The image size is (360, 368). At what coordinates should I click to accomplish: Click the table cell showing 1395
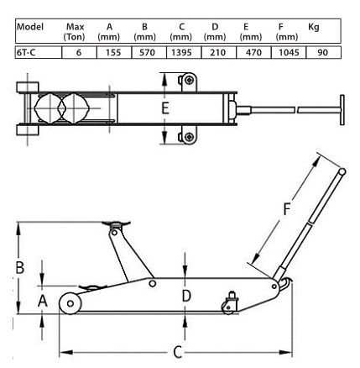tap(181, 52)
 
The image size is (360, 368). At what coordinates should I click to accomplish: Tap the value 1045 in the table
tap(289, 52)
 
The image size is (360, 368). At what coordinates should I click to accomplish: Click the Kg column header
tap(314, 27)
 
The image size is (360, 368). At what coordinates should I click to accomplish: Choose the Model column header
tap(30, 27)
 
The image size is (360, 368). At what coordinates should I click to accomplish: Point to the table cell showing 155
tap(113, 52)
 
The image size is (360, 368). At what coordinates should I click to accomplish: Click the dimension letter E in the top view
tap(165, 108)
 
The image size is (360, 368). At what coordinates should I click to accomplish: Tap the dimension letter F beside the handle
tap(287, 209)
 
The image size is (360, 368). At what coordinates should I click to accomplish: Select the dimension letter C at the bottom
tap(178, 352)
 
